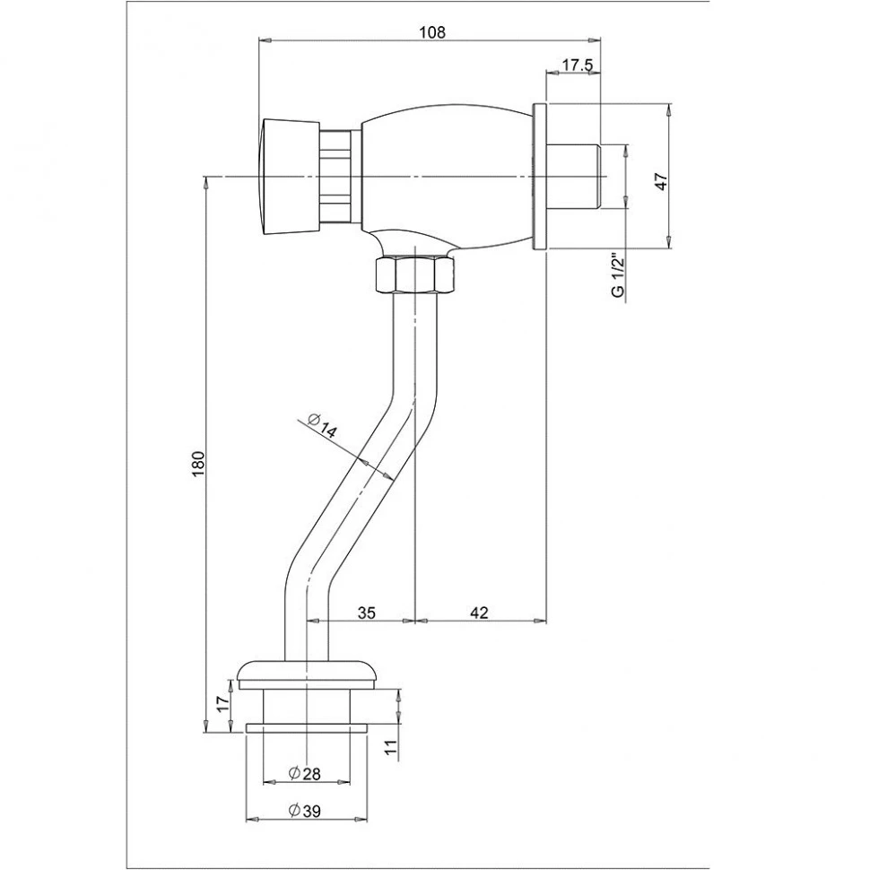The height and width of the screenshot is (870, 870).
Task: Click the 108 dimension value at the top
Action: coord(431,32)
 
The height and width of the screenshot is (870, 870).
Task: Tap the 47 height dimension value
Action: coord(662,181)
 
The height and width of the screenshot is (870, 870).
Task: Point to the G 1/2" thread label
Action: coord(619,275)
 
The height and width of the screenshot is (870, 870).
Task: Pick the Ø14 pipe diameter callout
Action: coord(321,426)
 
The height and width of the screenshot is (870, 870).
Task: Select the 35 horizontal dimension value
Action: coord(366,613)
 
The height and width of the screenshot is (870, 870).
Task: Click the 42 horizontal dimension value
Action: coord(479,613)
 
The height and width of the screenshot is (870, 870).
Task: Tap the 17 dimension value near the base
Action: coord(222,705)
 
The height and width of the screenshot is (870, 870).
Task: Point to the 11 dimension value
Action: coord(391,746)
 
